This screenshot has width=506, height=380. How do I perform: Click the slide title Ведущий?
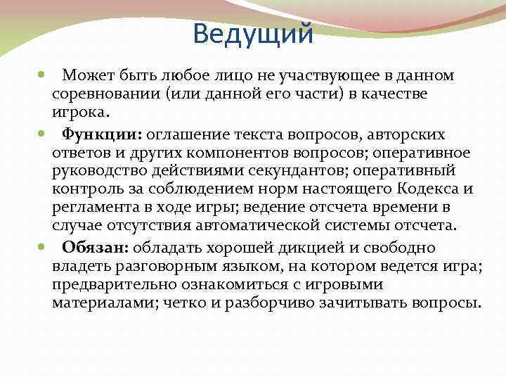coord(252,32)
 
